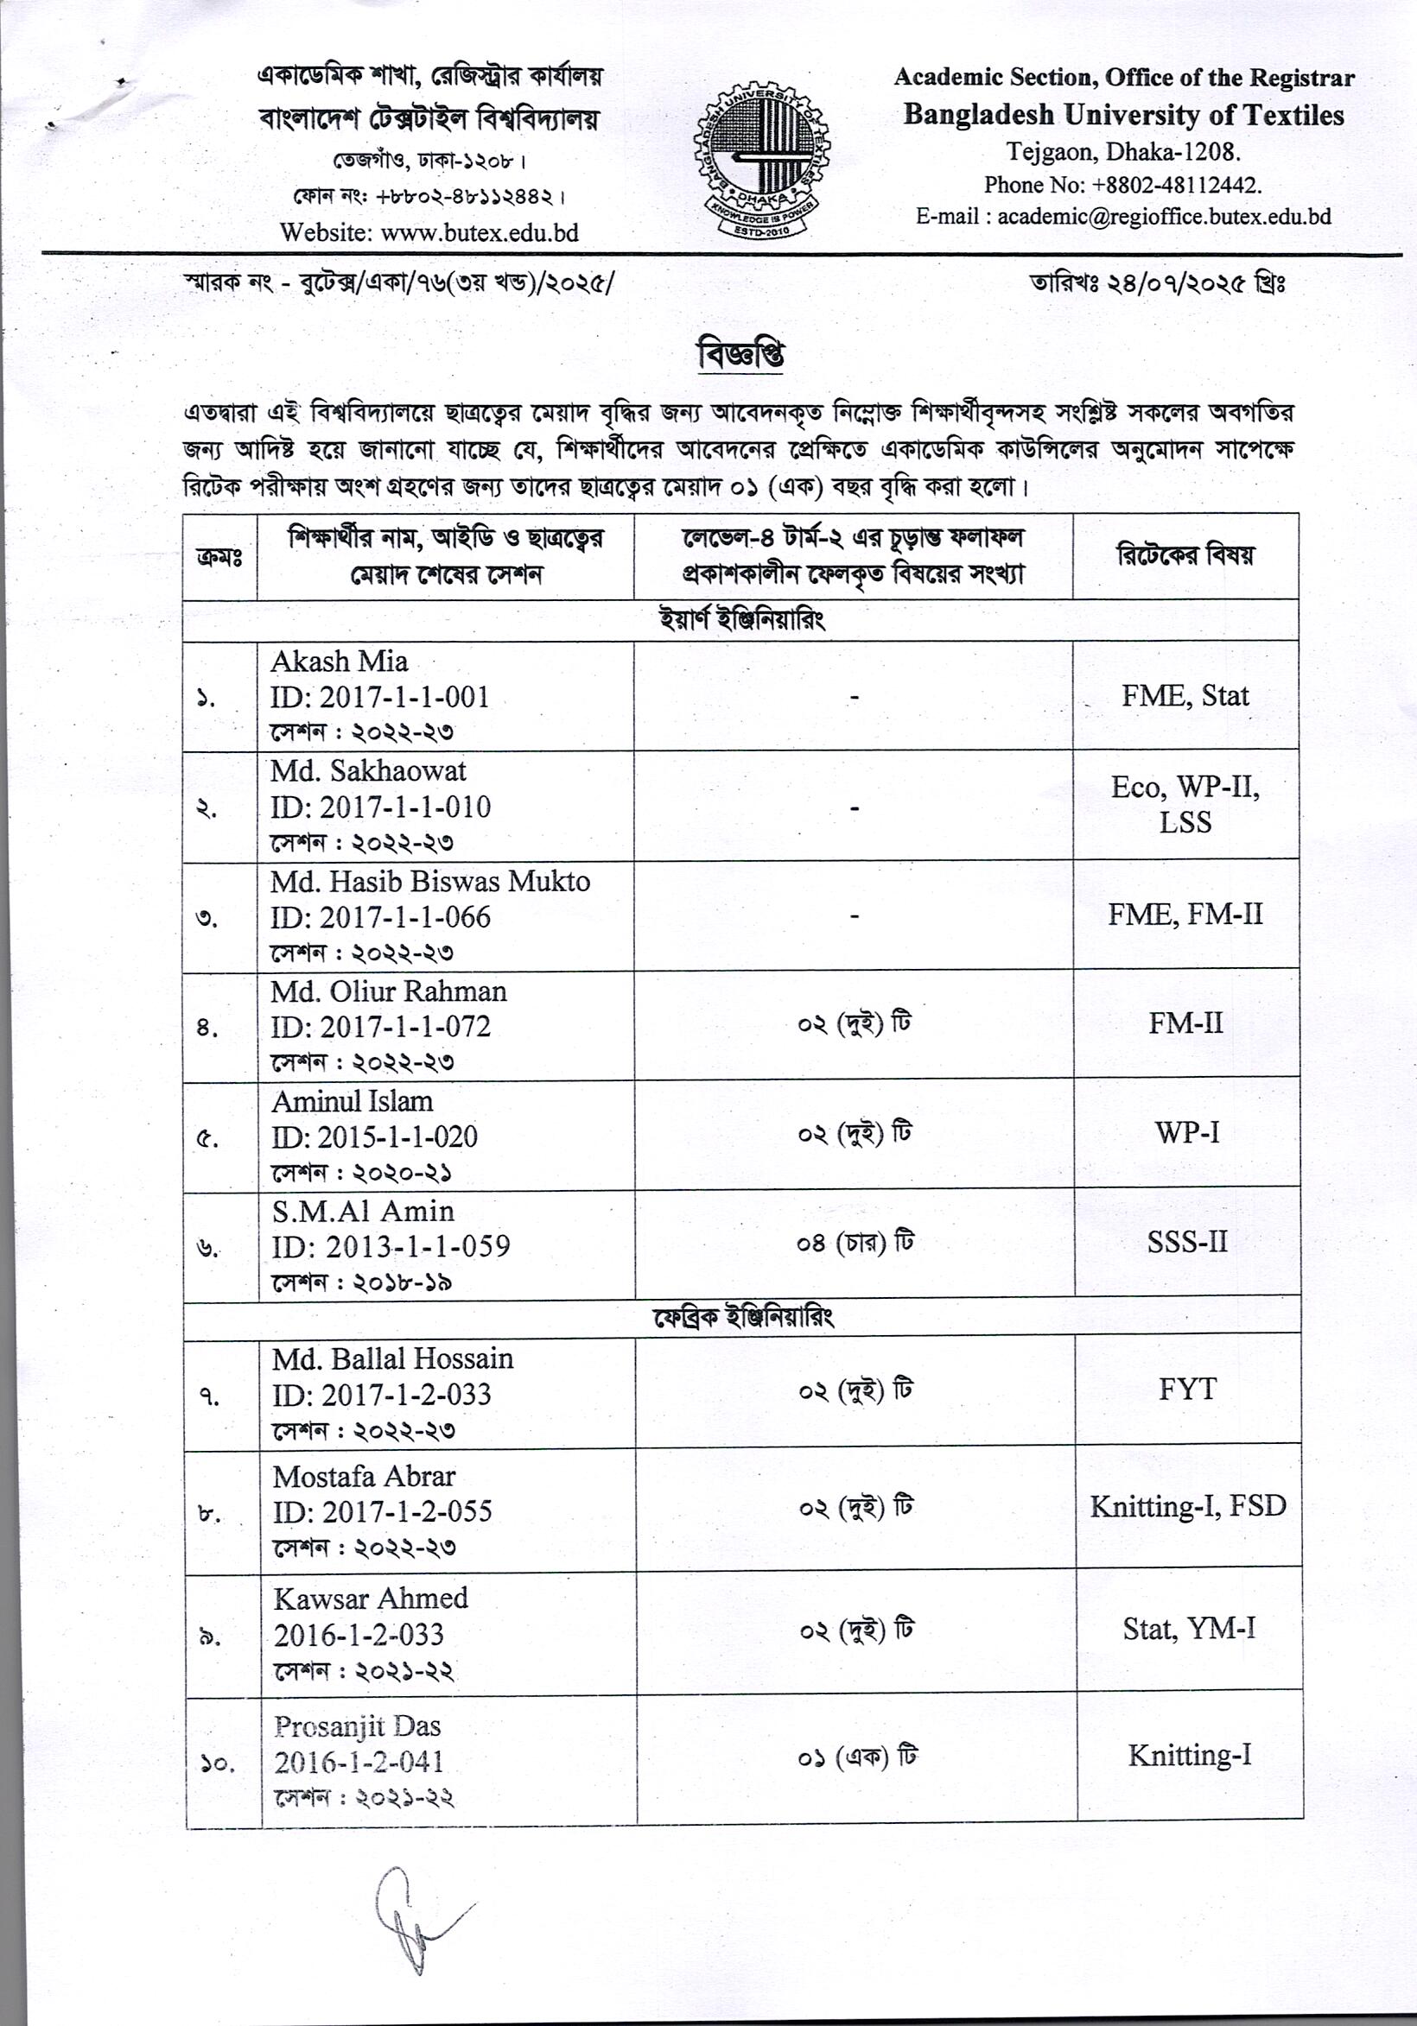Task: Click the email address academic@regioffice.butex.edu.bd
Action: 1164,217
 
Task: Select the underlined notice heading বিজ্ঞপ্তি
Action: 740,355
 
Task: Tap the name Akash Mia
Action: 339,662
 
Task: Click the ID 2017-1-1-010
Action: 405,807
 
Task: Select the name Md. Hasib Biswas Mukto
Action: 430,882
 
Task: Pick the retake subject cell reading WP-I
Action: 1186,1133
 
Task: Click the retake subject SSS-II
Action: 1186,1243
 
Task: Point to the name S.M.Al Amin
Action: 363,1212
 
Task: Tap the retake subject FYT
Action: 1187,1390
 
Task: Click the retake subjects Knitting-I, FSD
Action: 1187,1506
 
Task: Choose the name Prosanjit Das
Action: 357,1726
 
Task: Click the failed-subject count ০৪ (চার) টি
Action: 854,1244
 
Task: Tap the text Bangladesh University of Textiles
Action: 1123,115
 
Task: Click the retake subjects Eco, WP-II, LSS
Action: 1185,805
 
